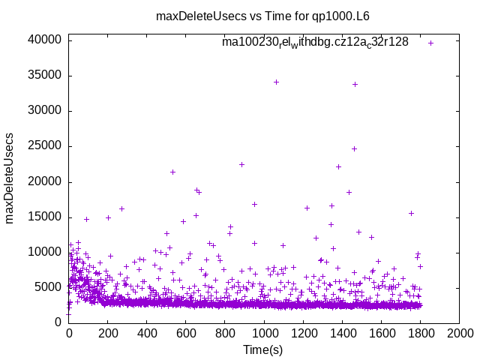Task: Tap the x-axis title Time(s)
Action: click(263, 349)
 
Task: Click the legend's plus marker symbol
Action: click(430, 43)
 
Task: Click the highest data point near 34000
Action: click(276, 82)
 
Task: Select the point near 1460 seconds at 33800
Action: click(355, 84)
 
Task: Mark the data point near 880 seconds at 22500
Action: click(241, 164)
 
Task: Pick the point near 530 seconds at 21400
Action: click(172, 172)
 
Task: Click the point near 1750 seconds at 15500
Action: click(411, 213)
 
